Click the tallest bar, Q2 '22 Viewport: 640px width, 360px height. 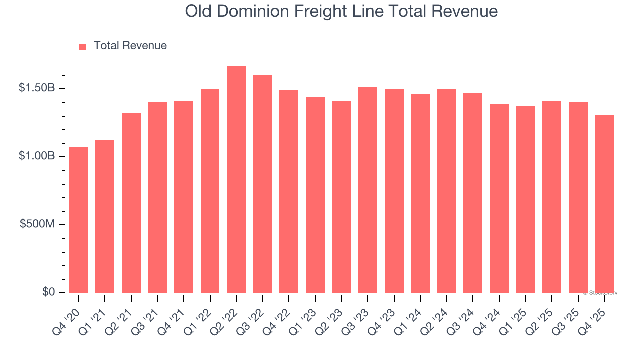point(236,180)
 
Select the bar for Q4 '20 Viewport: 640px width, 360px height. point(79,220)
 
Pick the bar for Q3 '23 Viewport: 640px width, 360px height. point(368,190)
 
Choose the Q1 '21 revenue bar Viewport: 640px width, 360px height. point(105,216)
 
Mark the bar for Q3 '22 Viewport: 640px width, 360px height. point(263,184)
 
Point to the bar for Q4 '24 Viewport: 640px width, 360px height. point(499,198)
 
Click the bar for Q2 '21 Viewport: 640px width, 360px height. point(131,203)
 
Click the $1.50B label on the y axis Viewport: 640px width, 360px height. point(36,88)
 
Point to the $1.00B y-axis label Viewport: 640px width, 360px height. point(36,156)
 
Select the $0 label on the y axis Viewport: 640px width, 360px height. point(48,292)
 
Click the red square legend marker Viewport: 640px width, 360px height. point(83,46)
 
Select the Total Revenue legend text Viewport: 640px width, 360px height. point(130,46)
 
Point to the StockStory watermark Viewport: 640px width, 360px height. point(600,293)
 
